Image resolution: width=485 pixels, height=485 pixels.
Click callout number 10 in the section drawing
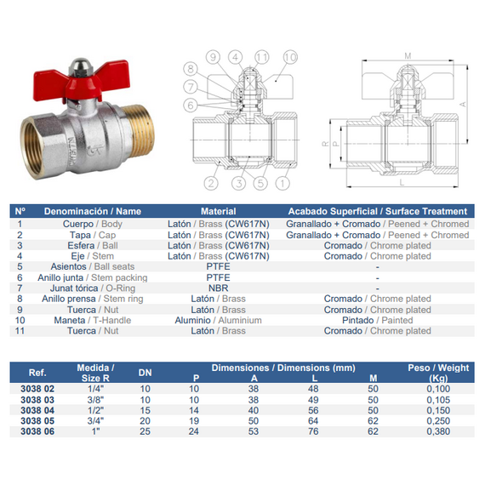click(290, 57)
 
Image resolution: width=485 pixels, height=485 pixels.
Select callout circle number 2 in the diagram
click(211, 183)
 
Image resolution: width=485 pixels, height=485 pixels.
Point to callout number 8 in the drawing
click(191, 69)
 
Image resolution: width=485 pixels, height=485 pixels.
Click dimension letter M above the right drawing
click(408, 56)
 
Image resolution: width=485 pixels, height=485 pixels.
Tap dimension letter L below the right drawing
click(402, 182)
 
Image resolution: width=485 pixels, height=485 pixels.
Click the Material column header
click(219, 211)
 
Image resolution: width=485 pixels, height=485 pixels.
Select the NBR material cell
click(219, 288)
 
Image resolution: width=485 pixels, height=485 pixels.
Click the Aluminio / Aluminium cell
click(219, 320)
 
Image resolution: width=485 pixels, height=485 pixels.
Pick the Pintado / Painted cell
click(377, 320)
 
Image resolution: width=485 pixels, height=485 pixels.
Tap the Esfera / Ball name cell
click(93, 246)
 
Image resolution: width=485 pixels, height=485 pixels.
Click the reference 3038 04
click(37, 410)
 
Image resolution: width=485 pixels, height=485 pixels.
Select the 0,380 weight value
click(438, 431)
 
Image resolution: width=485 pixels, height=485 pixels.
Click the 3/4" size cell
click(95, 421)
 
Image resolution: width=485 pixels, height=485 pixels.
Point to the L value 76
click(313, 431)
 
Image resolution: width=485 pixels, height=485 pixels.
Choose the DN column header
click(145, 373)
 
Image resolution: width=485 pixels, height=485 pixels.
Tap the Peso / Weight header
click(438, 373)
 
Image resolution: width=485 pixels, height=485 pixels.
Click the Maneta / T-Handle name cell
click(93, 320)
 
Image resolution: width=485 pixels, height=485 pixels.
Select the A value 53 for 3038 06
click(254, 431)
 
